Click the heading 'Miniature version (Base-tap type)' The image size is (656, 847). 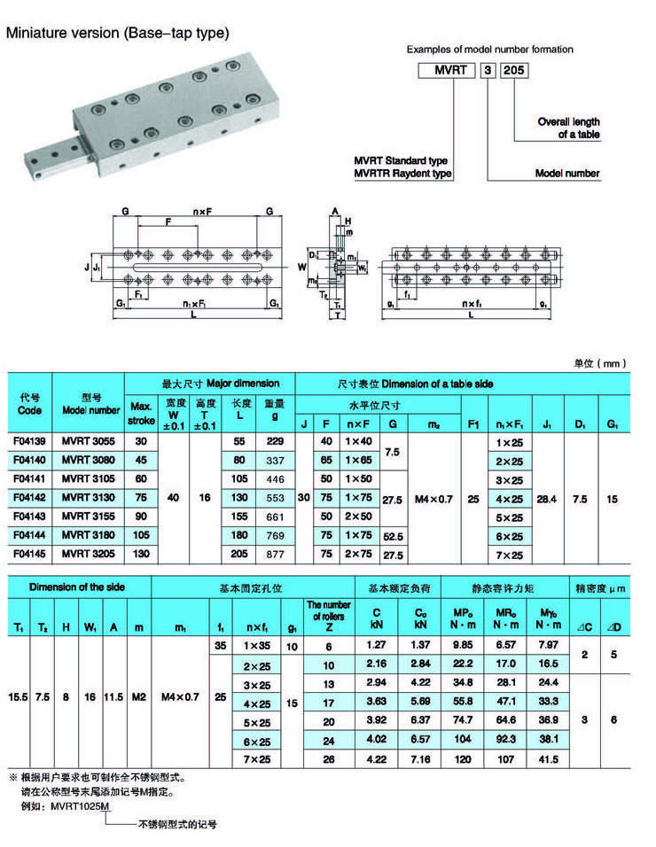118,34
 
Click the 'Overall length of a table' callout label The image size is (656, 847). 568,128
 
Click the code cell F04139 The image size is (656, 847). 30,440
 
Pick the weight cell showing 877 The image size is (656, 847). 275,555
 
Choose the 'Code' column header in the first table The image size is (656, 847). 30,405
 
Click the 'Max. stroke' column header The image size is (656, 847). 141,412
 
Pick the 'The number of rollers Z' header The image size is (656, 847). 328,617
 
